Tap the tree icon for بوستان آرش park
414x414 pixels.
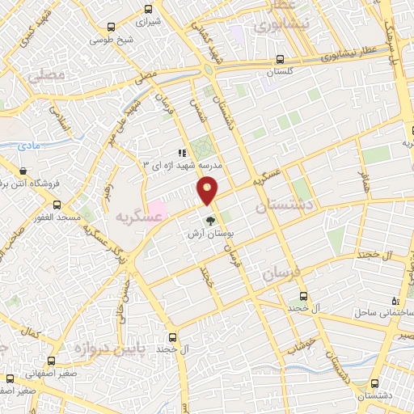(x=211, y=220)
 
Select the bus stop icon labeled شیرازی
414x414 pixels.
(x=147, y=10)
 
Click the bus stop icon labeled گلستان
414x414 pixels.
(x=280, y=59)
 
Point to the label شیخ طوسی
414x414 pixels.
(x=112, y=38)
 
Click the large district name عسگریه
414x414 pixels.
(x=133, y=217)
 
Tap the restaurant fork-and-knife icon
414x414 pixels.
(x=183, y=152)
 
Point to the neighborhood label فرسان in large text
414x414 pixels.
(x=282, y=272)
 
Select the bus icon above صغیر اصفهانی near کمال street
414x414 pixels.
(x=51, y=361)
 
